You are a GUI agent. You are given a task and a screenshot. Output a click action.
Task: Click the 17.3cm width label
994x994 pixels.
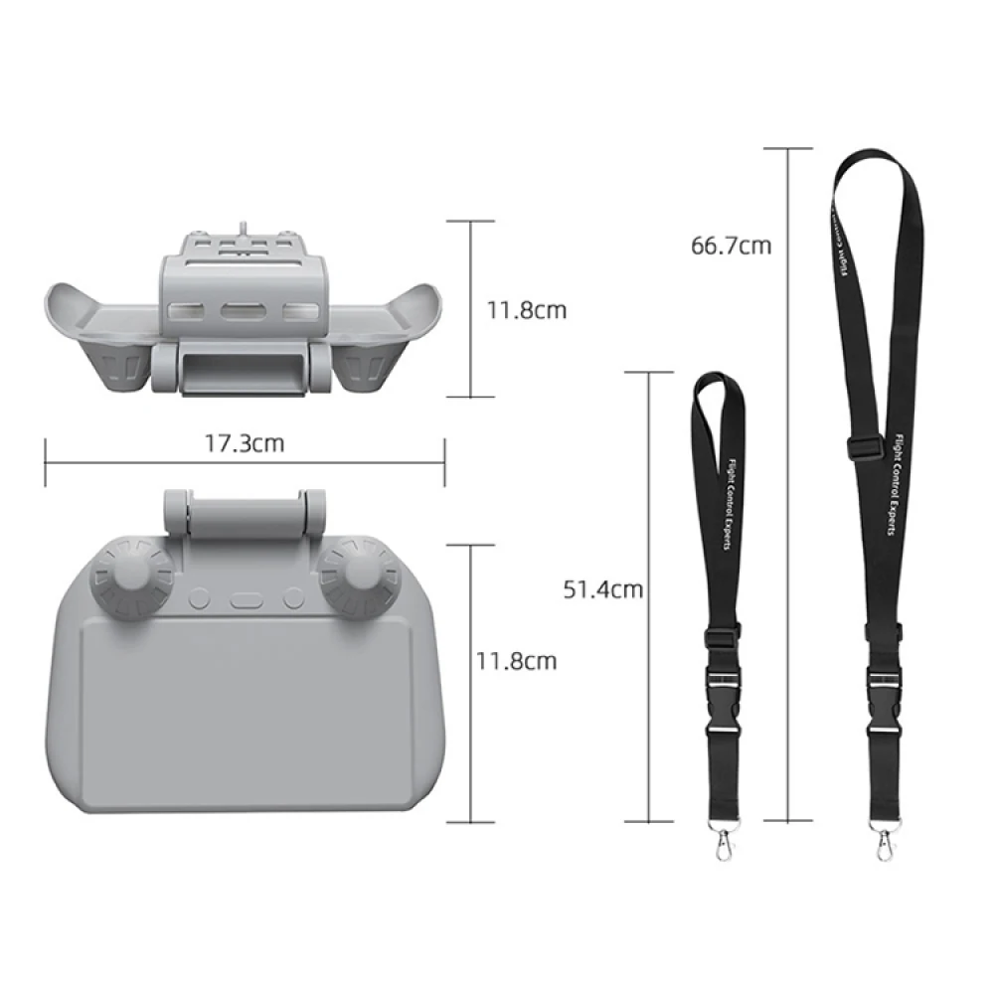tap(245, 443)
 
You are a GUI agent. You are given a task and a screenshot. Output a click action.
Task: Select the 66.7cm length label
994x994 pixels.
tap(732, 245)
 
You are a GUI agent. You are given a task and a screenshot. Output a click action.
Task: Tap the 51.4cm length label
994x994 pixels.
tap(603, 589)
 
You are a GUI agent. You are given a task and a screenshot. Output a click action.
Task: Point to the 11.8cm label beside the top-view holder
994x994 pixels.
tap(527, 310)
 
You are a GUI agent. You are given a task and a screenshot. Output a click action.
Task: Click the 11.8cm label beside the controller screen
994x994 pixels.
tap(516, 660)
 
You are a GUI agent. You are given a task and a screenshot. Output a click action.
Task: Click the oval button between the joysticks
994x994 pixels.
tap(245, 599)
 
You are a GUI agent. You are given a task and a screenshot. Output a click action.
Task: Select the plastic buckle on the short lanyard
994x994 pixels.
tap(724, 686)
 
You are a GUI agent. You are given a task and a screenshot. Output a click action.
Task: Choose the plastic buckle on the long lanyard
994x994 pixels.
tap(883, 686)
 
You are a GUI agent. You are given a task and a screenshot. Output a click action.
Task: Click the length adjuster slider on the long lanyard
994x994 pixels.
tap(867, 447)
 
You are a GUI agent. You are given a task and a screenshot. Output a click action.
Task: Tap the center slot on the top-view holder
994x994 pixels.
tap(245, 312)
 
